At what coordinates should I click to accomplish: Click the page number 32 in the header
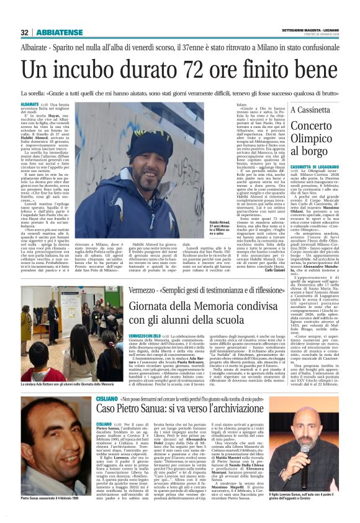24,33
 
